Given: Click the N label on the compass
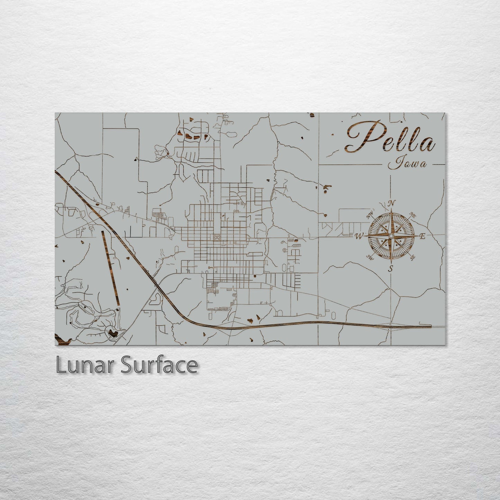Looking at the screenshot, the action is [x=392, y=203].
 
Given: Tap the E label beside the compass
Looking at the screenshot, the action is [x=422, y=237].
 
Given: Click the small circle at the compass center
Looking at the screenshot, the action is [x=391, y=236].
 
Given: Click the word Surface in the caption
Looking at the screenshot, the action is [x=159, y=365].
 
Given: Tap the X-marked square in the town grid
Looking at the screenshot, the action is [x=217, y=237].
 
